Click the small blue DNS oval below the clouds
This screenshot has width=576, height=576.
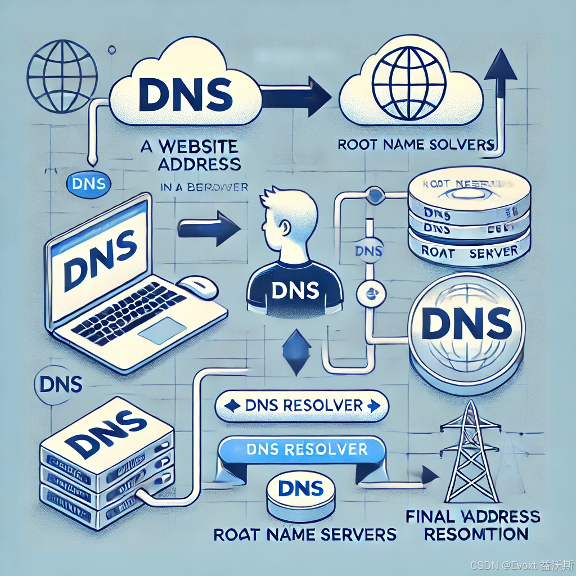point(89,183)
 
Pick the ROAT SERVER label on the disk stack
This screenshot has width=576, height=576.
point(469,252)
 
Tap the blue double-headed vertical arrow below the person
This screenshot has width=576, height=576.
point(295,353)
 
